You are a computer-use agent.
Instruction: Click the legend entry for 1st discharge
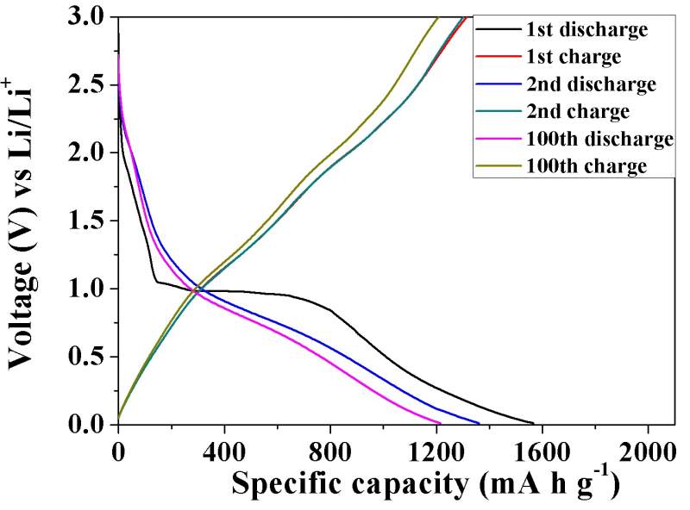[x=586, y=30]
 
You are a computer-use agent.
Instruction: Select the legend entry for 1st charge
[x=574, y=58]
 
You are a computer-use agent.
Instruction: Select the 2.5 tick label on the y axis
[x=90, y=85]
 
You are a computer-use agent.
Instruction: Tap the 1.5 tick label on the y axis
[x=90, y=221]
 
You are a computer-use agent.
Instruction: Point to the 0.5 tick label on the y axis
[x=90, y=357]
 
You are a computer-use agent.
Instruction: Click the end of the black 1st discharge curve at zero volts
[x=534, y=423]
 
